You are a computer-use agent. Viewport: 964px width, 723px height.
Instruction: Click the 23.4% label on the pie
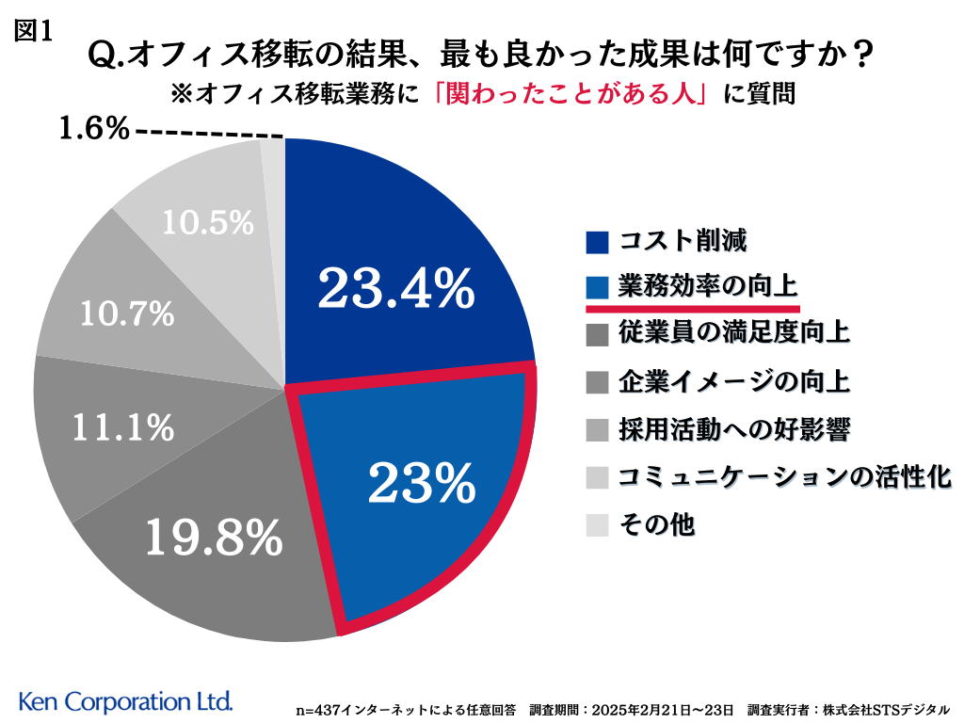point(395,289)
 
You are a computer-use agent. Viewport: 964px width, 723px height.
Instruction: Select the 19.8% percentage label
point(214,537)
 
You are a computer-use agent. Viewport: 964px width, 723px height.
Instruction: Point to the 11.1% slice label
point(124,427)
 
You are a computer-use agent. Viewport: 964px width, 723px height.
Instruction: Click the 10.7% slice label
point(127,313)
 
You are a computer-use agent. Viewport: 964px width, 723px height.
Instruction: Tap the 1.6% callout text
point(94,129)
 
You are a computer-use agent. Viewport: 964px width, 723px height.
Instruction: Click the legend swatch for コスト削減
point(598,243)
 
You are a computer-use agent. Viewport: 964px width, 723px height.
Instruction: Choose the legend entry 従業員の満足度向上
point(734,332)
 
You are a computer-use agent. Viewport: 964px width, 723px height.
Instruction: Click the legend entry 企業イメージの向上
point(734,381)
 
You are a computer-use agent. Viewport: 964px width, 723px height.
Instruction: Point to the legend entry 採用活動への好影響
point(734,429)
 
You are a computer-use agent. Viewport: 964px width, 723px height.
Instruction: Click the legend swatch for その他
point(598,525)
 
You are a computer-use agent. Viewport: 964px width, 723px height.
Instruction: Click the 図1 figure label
point(34,30)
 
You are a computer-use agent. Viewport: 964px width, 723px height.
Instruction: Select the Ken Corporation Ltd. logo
point(125,701)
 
